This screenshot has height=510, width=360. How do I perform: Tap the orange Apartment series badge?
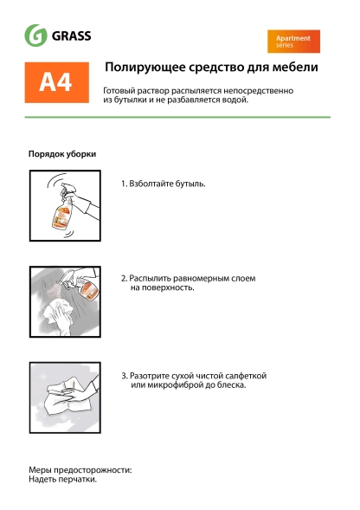click(x=293, y=42)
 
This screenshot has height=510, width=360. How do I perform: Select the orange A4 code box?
click(x=55, y=81)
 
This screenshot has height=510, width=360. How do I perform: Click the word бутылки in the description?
click(x=129, y=100)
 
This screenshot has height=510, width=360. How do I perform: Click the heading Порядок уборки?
click(x=62, y=153)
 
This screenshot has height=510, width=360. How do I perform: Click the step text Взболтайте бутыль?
click(x=164, y=184)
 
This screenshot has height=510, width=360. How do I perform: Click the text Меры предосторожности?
click(x=80, y=469)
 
